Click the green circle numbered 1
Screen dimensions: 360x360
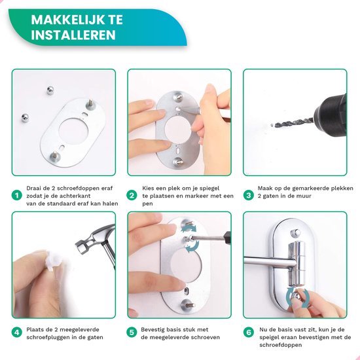click(x=16, y=195)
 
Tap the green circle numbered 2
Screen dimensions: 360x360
click(x=132, y=195)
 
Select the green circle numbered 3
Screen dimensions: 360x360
click(x=248, y=195)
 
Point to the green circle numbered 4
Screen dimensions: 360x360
click(x=16, y=332)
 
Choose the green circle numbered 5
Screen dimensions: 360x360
click(x=132, y=332)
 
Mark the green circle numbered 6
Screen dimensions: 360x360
click(x=248, y=332)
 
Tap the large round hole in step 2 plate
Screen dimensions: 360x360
click(x=177, y=127)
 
